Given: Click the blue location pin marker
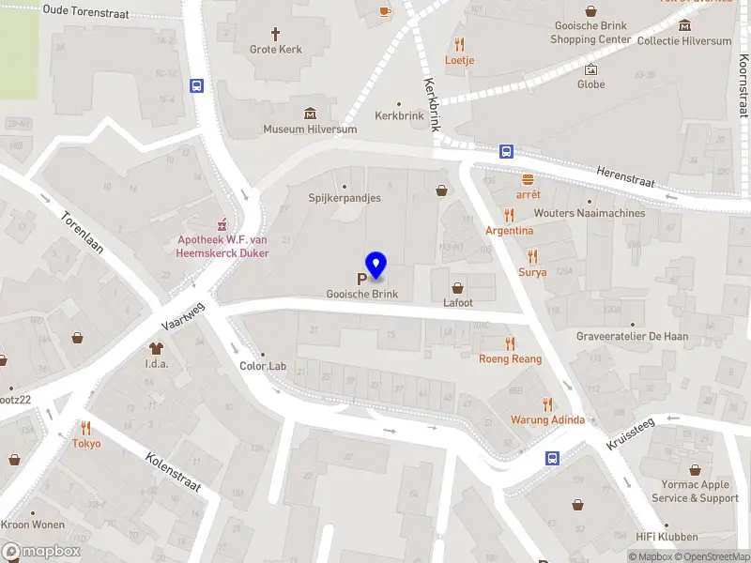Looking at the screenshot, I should (375, 266).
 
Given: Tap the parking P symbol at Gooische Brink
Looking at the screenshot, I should (361, 279).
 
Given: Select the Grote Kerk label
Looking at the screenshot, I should (276, 50).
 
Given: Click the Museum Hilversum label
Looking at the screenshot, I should (310, 129).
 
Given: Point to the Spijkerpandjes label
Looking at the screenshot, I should (345, 198).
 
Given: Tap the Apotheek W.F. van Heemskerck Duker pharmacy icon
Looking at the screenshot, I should (222, 225).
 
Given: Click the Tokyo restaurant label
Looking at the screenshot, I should (86, 444).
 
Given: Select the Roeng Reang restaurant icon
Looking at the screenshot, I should (511, 344).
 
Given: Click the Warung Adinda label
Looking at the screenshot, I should (547, 419).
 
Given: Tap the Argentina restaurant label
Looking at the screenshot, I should (509, 231).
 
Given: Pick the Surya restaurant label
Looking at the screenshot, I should (532, 272).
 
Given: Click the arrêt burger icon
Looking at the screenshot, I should (528, 179).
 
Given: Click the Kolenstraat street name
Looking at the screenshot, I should (174, 472).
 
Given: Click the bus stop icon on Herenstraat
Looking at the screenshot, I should (506, 151).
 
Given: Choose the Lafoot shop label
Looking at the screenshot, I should (458, 303).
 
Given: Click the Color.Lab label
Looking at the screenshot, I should (263, 366).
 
